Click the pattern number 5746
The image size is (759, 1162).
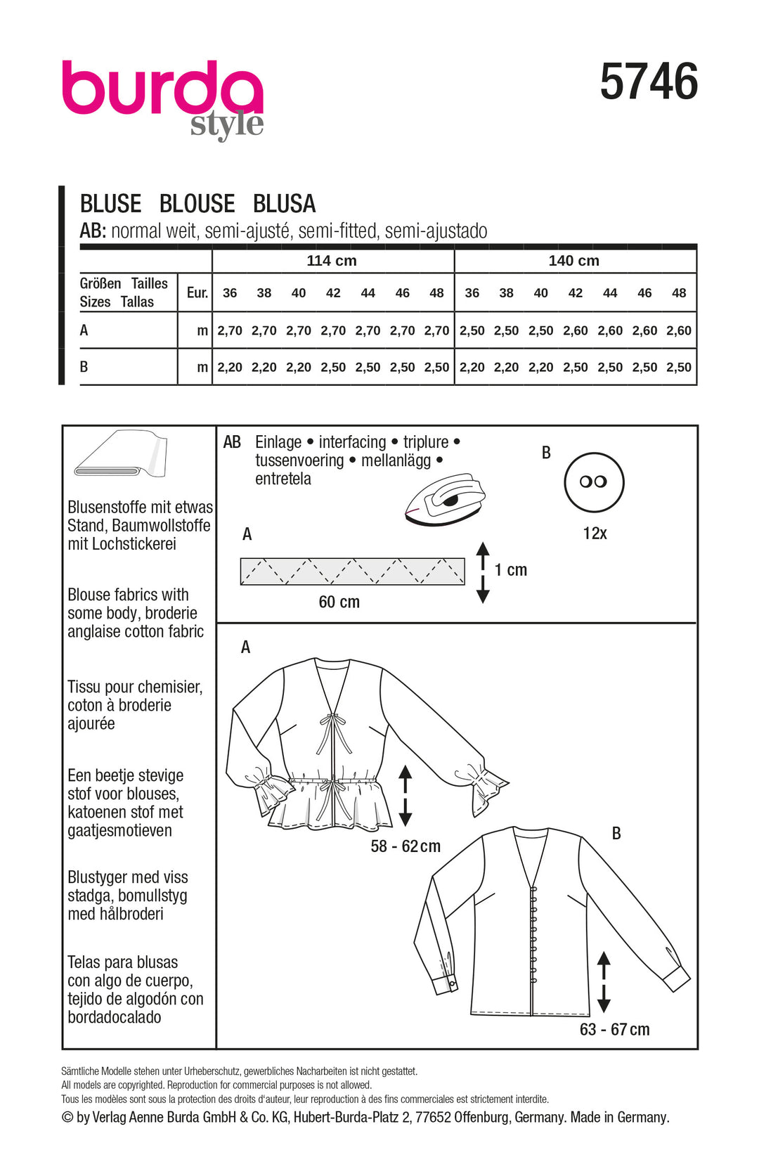click(x=649, y=82)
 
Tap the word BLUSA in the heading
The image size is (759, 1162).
click(x=284, y=204)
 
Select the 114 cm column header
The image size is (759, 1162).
click(x=332, y=261)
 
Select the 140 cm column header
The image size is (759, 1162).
click(x=573, y=261)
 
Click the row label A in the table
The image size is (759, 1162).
click(x=84, y=330)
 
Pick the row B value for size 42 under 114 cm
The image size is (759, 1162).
click(x=333, y=367)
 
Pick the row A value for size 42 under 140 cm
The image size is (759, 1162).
click(x=575, y=330)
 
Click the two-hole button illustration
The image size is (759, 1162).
click(x=594, y=482)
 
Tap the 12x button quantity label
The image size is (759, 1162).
click(x=595, y=534)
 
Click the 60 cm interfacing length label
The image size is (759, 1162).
click(x=339, y=602)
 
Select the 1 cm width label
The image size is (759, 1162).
click(x=511, y=570)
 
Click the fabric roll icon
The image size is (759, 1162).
click(x=121, y=453)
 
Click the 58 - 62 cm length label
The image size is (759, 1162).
click(x=406, y=846)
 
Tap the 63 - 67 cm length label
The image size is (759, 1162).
click(x=614, y=1030)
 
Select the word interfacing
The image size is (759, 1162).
click(x=352, y=442)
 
